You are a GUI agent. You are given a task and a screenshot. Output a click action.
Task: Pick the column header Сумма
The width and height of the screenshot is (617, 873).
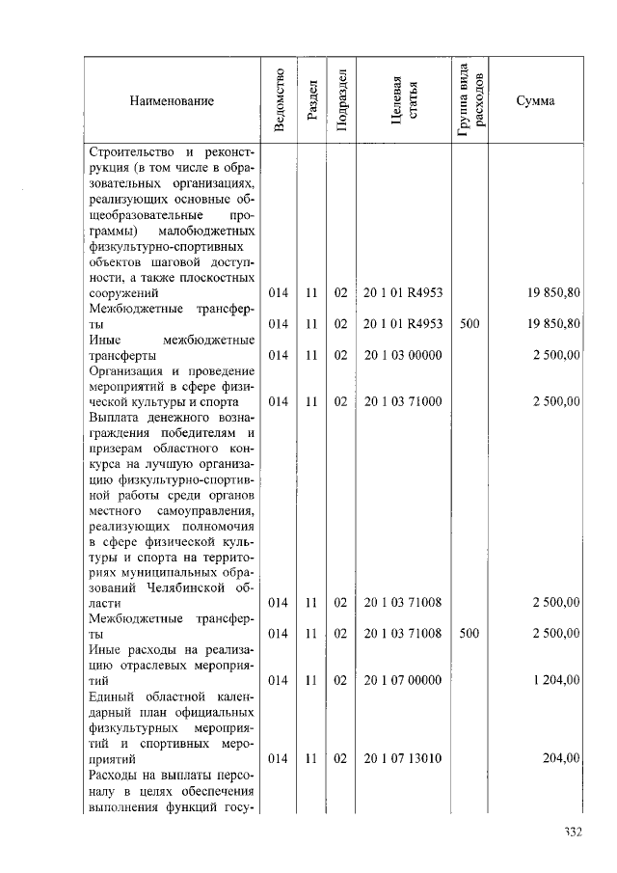pos(535,100)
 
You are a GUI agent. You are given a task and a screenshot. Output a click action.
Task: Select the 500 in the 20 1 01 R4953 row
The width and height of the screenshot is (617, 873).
pos(469,324)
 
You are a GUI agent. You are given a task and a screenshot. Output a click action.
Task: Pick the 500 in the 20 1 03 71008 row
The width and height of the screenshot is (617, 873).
pos(469,634)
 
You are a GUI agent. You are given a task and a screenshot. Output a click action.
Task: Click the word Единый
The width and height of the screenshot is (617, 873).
pos(110,696)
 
